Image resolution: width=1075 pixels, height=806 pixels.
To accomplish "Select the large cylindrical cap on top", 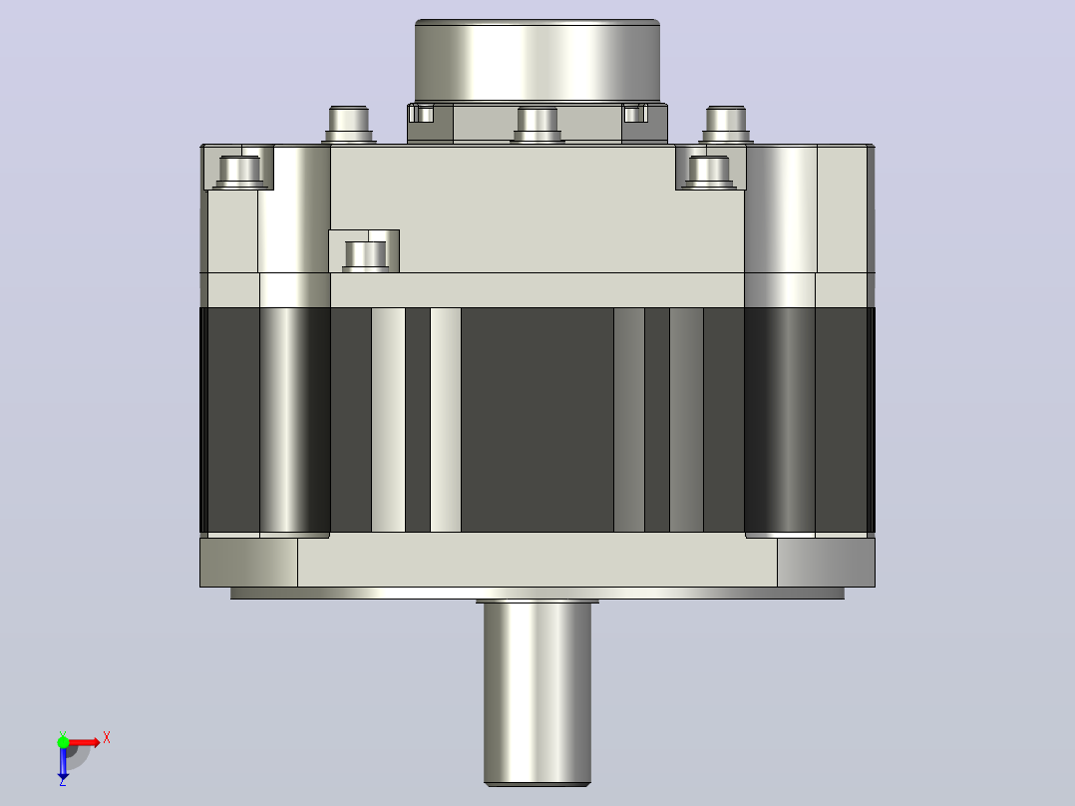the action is [537, 61].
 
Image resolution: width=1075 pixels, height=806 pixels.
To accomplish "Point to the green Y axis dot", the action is [63, 741].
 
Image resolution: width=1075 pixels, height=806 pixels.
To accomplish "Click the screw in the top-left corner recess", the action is [239, 172].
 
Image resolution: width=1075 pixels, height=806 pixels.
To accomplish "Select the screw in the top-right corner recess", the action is [709, 172].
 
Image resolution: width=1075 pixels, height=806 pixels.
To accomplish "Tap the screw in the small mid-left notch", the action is [365, 255].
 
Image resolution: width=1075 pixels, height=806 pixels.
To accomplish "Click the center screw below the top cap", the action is [537, 125].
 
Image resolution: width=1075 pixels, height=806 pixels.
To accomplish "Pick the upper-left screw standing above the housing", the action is [349, 124].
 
